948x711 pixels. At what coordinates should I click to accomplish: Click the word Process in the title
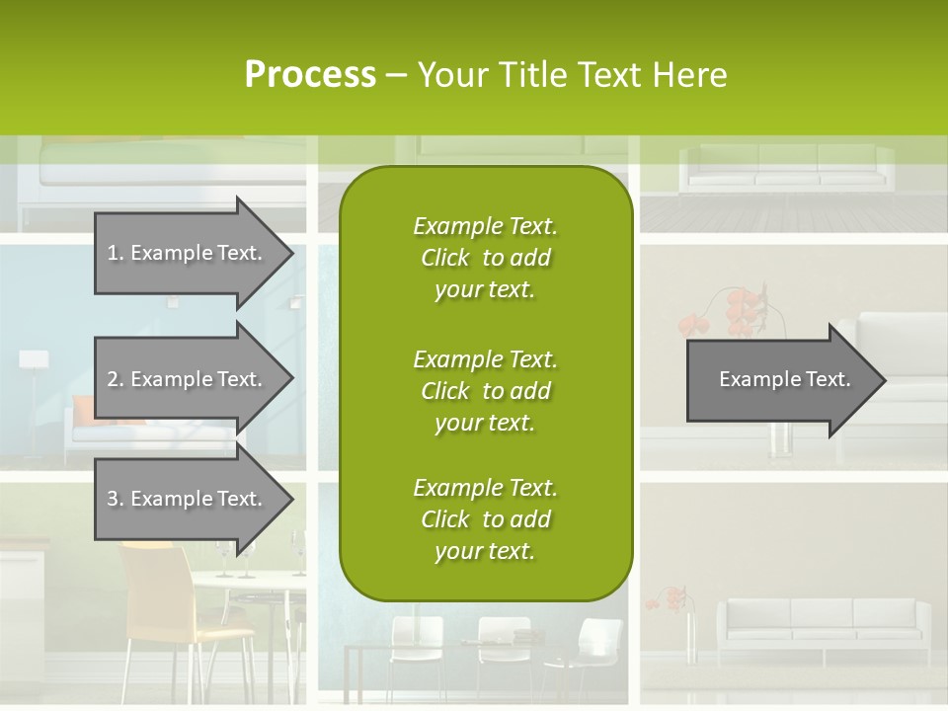click(x=310, y=75)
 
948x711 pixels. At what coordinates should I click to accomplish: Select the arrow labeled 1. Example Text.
click(x=184, y=253)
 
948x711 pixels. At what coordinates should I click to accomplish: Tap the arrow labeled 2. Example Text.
click(x=184, y=379)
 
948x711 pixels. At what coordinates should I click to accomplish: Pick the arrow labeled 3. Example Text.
click(x=184, y=499)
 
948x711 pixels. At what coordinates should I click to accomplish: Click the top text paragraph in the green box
click(x=485, y=258)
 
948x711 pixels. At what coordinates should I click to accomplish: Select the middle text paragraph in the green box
click(x=485, y=391)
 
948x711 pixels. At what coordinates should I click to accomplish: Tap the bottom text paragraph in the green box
click(x=485, y=519)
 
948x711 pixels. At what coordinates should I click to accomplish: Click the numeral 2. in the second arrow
click(x=115, y=379)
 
